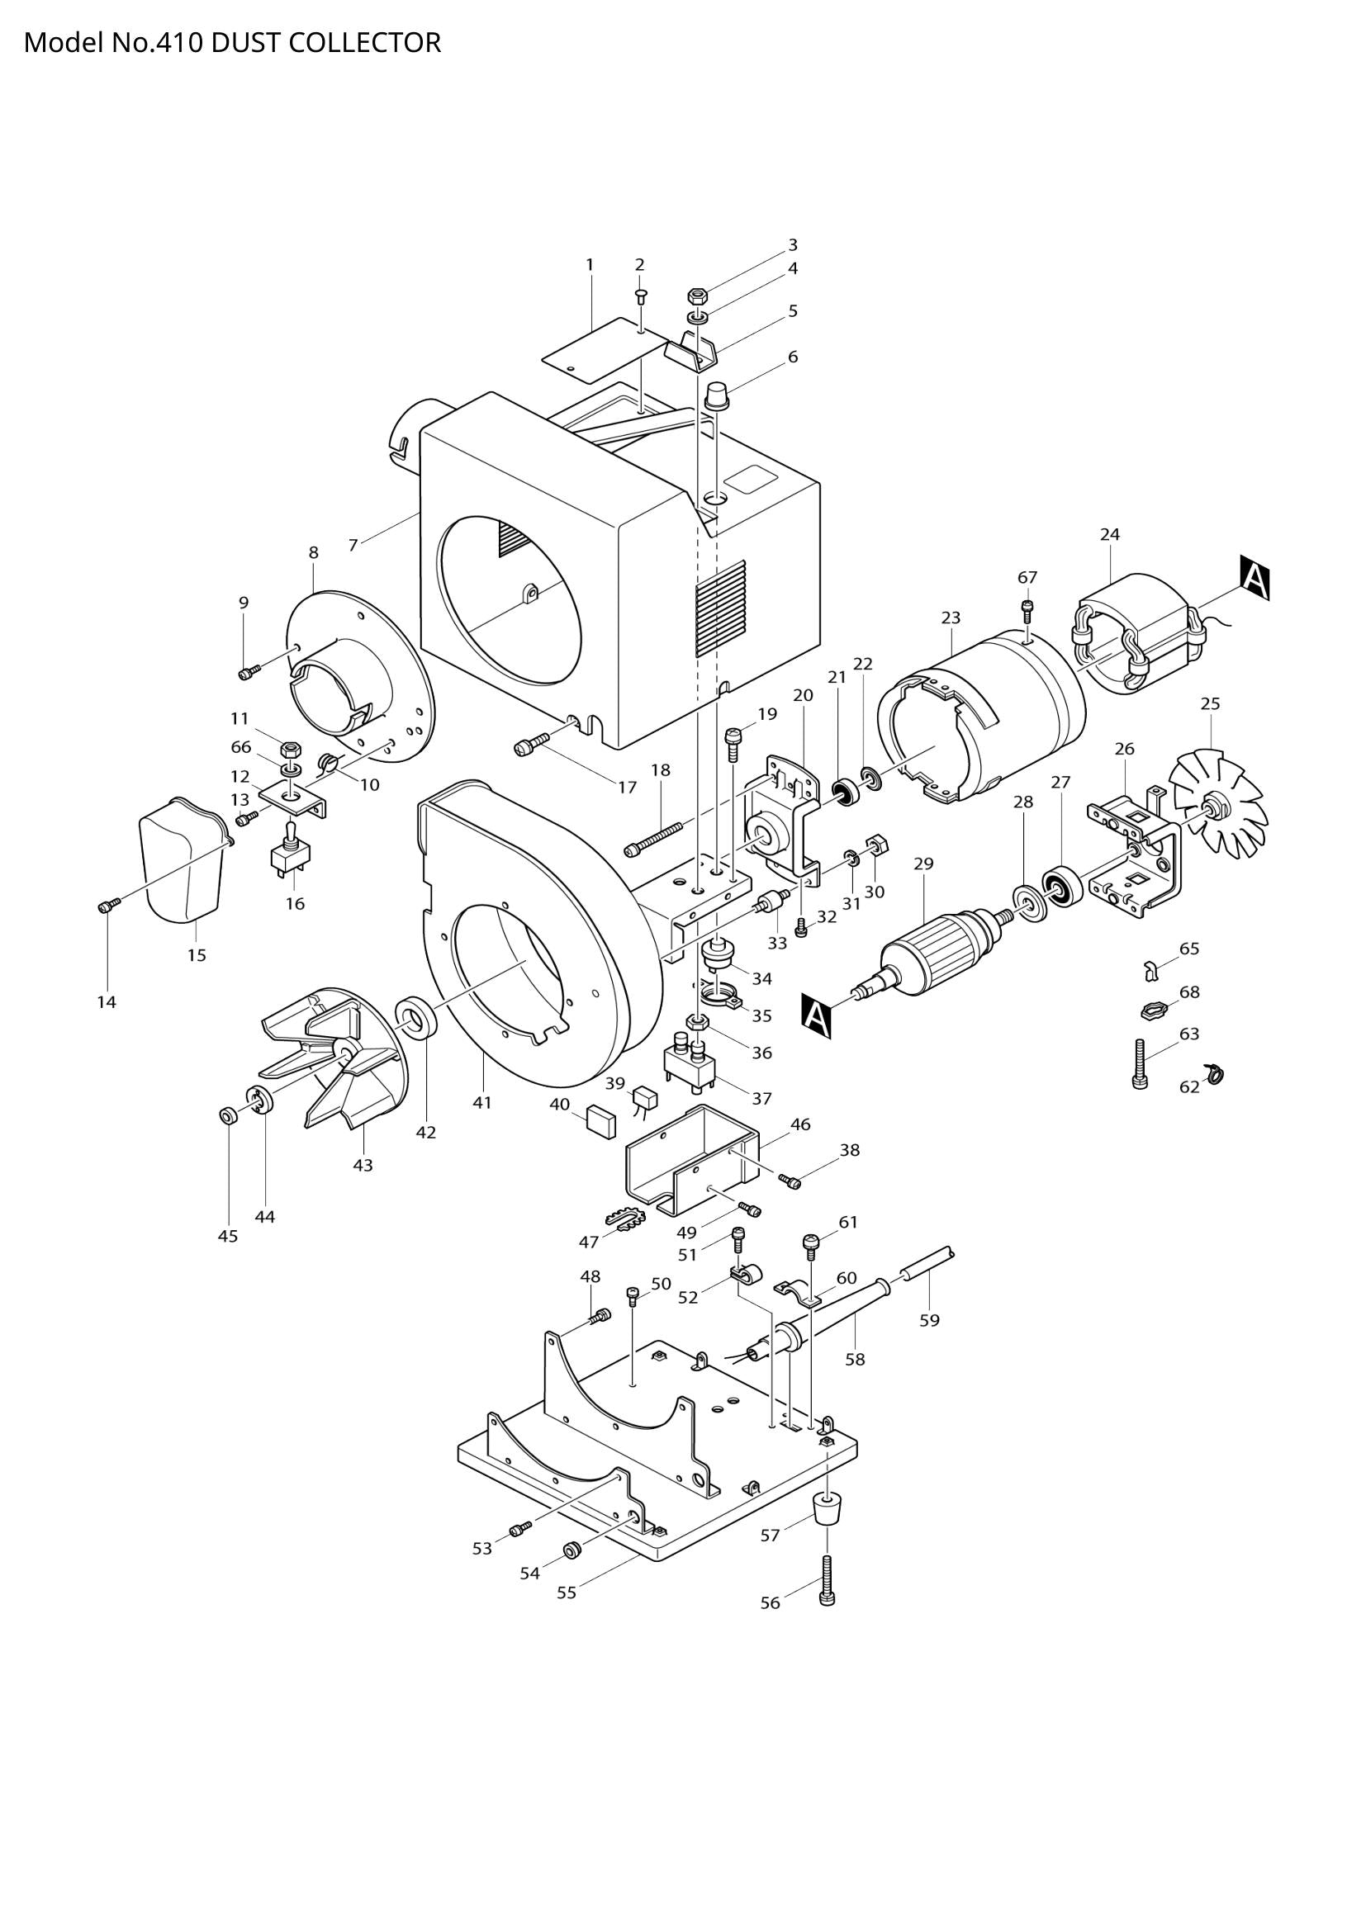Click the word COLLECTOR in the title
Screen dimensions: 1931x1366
click(364, 42)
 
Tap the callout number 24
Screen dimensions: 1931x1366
click(1109, 534)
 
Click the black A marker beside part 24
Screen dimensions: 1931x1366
click(1255, 578)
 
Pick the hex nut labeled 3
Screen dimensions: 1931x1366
click(697, 296)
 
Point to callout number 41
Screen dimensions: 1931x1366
click(481, 1102)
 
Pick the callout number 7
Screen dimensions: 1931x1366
click(353, 545)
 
